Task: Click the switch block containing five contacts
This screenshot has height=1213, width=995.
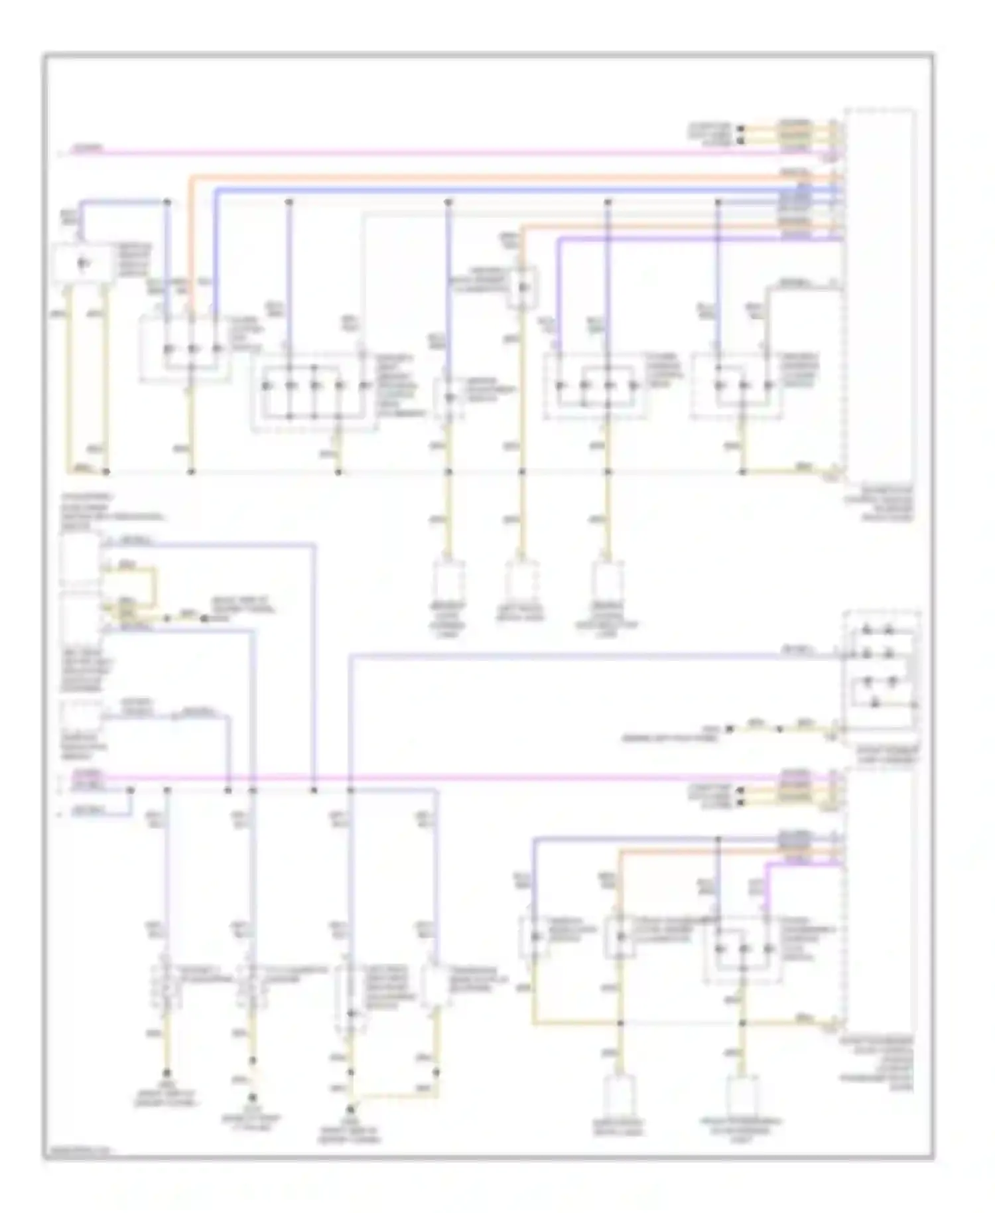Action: (x=313, y=392)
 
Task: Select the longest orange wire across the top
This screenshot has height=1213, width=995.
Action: (x=504, y=177)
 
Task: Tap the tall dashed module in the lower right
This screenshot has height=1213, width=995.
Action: (x=880, y=896)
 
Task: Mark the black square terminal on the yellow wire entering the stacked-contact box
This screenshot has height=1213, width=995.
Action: (x=729, y=729)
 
